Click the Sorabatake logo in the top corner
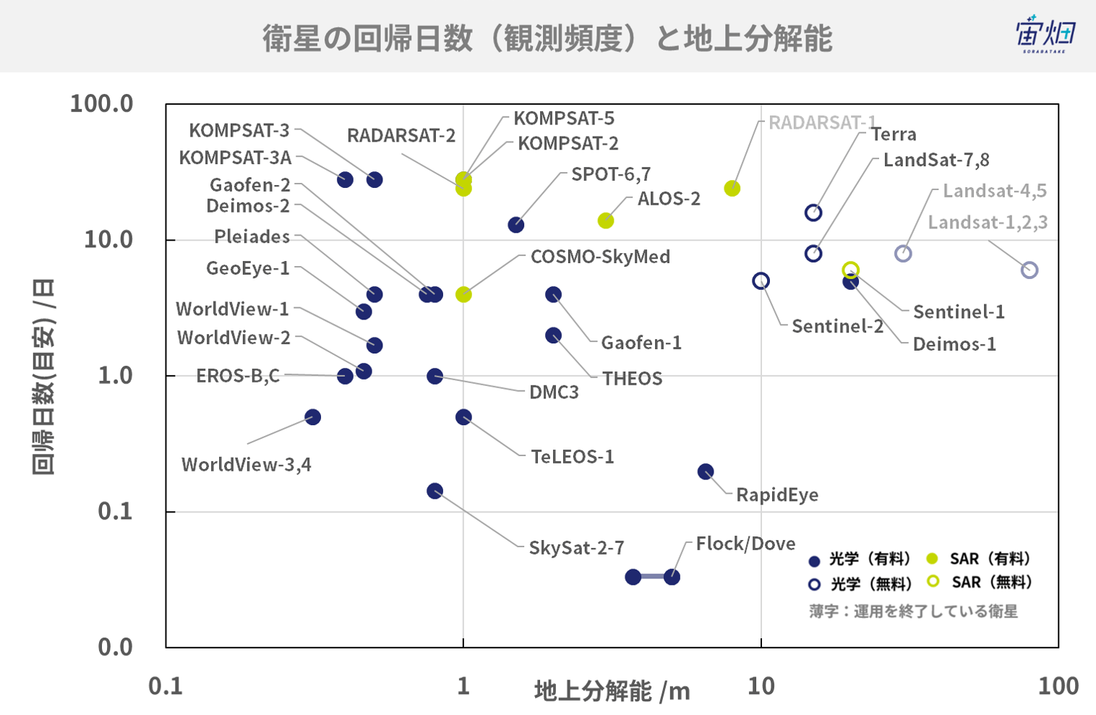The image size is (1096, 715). (x=1045, y=33)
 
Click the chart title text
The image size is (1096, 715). (x=547, y=38)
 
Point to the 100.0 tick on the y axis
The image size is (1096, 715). (x=102, y=104)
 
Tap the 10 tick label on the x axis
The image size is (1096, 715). (x=761, y=686)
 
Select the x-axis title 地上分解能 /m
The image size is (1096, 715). (x=612, y=691)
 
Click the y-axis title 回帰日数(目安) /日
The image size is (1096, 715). (x=43, y=377)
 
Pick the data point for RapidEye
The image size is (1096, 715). (x=705, y=472)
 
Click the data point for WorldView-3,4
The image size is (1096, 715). (x=312, y=417)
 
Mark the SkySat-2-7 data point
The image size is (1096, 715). (x=434, y=491)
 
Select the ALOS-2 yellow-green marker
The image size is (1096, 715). (x=606, y=221)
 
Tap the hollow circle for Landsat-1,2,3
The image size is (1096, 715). (x=1029, y=270)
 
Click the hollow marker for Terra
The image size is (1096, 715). (x=813, y=213)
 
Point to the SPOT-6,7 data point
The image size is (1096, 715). (x=515, y=225)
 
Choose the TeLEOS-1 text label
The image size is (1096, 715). (x=573, y=457)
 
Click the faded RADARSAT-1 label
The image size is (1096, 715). (x=823, y=122)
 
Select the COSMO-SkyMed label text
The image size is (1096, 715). (x=600, y=257)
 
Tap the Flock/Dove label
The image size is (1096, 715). (x=745, y=544)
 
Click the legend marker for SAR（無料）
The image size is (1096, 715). (x=933, y=581)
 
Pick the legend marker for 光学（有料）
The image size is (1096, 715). (x=814, y=561)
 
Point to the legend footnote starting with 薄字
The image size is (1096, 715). (x=914, y=611)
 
